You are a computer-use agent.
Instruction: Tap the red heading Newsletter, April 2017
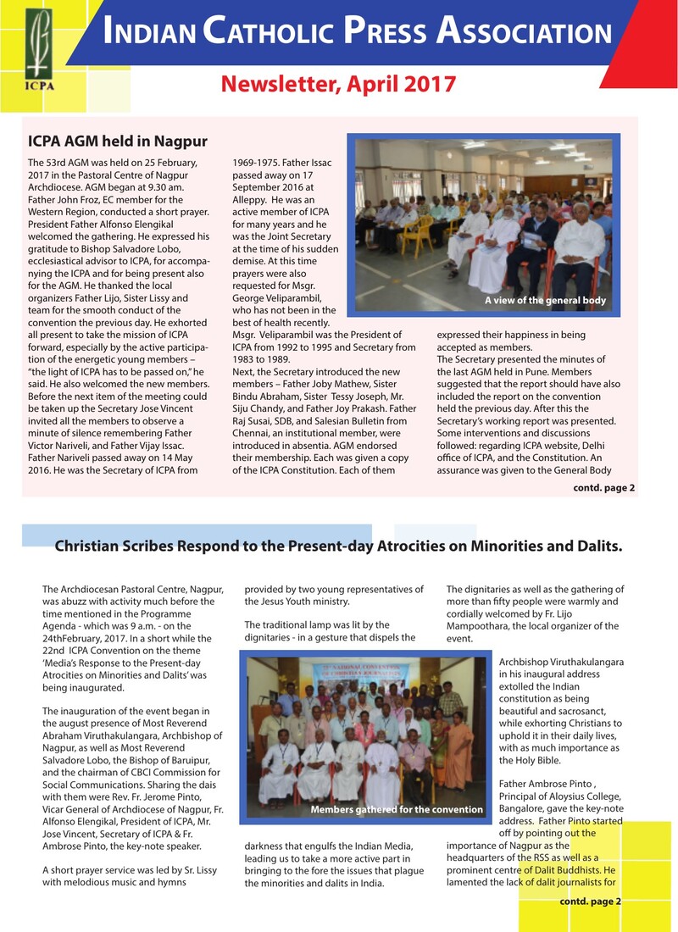tap(338, 84)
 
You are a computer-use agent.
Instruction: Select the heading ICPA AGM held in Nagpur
tap(118, 141)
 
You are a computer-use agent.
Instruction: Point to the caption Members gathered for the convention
tap(396, 810)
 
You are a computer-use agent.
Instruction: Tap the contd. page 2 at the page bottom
tap(591, 900)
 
